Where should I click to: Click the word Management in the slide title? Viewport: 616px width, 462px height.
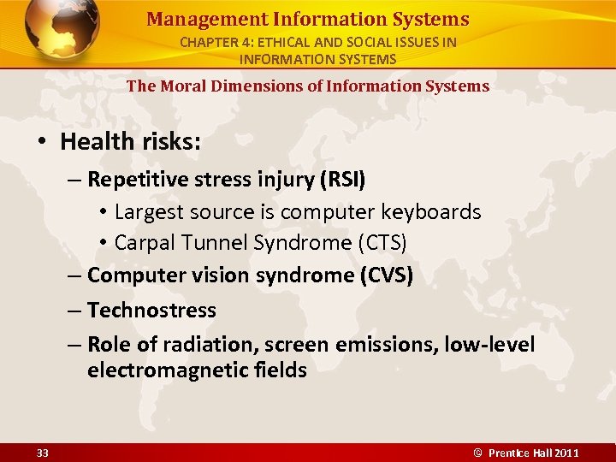click(192, 19)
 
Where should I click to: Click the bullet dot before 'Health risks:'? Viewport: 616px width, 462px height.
click(44, 142)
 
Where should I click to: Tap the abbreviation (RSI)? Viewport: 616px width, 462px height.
click(342, 179)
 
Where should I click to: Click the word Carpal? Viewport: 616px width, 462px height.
click(142, 243)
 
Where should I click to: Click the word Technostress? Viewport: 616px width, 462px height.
click(151, 310)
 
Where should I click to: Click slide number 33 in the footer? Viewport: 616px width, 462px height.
click(43, 453)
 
